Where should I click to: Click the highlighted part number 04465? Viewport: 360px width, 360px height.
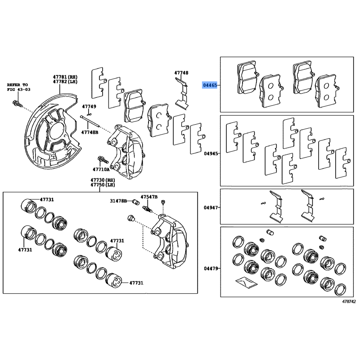210,85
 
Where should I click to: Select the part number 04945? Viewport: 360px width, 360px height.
211,153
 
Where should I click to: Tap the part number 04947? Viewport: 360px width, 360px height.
211,207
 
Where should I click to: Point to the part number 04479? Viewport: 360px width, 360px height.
211,268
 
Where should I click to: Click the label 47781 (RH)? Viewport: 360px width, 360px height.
65,77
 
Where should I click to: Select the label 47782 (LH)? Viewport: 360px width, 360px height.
65,82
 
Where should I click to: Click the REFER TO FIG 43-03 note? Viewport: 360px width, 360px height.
18,87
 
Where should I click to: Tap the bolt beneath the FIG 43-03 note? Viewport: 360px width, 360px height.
18,103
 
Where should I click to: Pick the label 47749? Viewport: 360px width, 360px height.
89,107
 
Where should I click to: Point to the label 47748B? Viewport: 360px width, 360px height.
90,132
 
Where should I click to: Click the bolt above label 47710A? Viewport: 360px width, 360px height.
103,160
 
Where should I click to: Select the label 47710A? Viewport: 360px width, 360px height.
101,170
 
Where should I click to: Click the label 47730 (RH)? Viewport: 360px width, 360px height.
103,180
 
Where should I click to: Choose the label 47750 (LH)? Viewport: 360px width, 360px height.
103,185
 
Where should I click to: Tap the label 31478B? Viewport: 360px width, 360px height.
118,201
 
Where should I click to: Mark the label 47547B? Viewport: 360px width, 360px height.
149,197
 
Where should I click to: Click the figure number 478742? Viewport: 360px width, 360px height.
349,301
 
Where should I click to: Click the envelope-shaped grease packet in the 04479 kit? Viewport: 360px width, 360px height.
246,283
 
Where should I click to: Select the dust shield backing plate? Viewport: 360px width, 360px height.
52,131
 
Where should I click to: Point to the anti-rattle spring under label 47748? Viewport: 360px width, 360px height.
182,94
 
